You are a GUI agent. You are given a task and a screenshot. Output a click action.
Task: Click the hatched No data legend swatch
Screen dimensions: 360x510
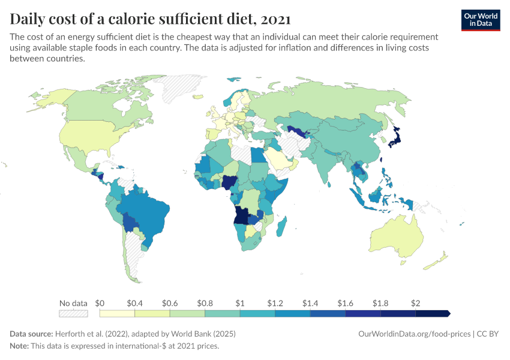(x=73, y=313)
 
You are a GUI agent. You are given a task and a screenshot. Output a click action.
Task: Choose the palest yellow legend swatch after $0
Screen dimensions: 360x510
(x=117, y=313)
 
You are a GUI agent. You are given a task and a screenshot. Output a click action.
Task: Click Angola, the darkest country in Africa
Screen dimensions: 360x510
(x=242, y=215)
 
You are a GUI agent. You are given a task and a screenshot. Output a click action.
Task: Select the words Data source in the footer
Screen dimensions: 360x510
(x=31, y=334)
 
